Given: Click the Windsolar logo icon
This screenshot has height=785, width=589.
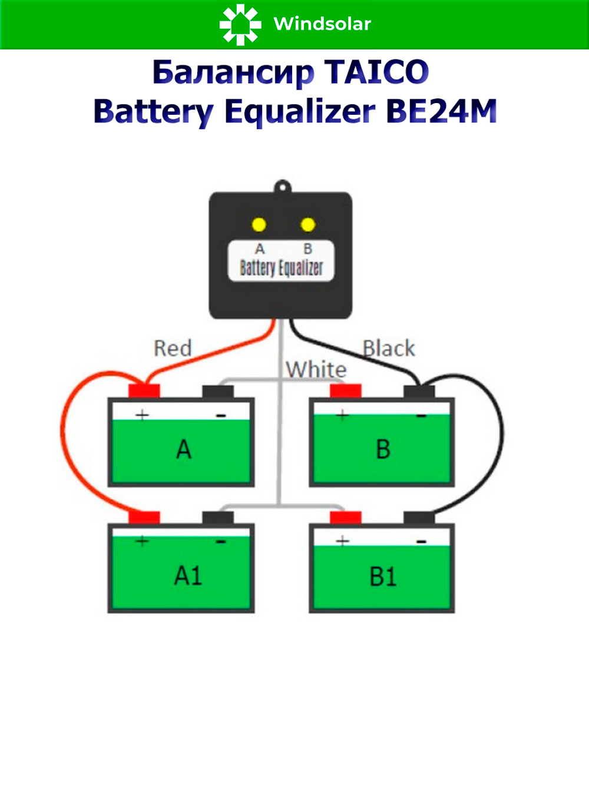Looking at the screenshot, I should (x=240, y=24).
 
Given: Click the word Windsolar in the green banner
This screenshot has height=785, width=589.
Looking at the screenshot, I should (x=322, y=24).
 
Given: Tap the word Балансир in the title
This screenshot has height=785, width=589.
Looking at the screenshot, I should (x=233, y=72).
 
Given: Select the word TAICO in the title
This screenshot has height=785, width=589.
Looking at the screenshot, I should (x=377, y=72).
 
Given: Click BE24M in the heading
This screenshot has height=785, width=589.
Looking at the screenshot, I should (x=441, y=111).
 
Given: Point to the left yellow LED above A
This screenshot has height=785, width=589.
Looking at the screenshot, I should (x=259, y=224).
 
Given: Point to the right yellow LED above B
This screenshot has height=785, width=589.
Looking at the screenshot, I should (x=307, y=224).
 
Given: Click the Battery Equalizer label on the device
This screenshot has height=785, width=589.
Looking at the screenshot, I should (x=281, y=268).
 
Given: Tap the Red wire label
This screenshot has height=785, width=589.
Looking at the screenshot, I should (x=173, y=348).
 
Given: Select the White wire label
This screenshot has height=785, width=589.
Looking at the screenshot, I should (x=316, y=370).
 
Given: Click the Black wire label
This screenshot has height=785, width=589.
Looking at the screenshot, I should (x=389, y=348).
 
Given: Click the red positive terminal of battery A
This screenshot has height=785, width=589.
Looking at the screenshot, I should (x=144, y=391).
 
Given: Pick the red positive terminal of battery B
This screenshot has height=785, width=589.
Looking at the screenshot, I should (x=346, y=391).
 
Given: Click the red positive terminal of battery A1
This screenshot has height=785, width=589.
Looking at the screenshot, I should (x=144, y=518).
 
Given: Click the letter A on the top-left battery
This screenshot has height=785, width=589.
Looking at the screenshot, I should (x=184, y=450).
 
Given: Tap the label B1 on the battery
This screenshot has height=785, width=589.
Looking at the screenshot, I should (x=383, y=577).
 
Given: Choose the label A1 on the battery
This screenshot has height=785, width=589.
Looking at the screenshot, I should (x=188, y=575).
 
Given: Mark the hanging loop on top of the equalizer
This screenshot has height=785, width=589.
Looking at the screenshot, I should (x=283, y=186).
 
